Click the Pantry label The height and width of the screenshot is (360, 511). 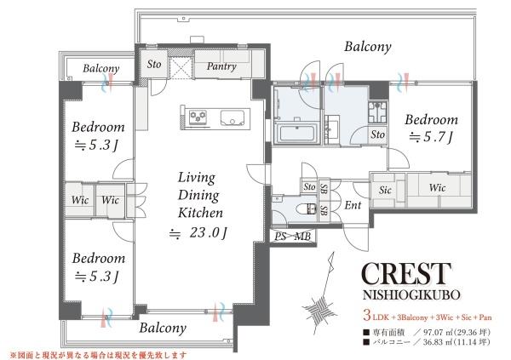tap(221, 66)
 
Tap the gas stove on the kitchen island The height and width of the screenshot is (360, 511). tap(198, 117)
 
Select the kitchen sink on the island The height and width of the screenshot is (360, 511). tap(233, 117)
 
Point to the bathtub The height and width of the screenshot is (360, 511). tap(296, 134)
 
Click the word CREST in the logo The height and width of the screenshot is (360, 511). tap(406, 274)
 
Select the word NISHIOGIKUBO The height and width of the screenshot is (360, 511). tap(411, 294)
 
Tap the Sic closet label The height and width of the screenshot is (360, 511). tap(385, 191)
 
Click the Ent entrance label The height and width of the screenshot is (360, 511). tap(353, 205)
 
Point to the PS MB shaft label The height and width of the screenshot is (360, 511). tap(292, 237)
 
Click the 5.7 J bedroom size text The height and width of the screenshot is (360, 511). tap(431, 137)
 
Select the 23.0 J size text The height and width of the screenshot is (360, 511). tap(198, 233)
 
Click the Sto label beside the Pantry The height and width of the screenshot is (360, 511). tap(154, 64)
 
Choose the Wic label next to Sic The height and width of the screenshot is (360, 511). tap(437, 187)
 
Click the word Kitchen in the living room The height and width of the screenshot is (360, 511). tap(200, 213)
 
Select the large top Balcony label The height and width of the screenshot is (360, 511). tap(368, 47)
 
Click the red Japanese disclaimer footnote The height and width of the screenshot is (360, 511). tap(99, 354)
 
